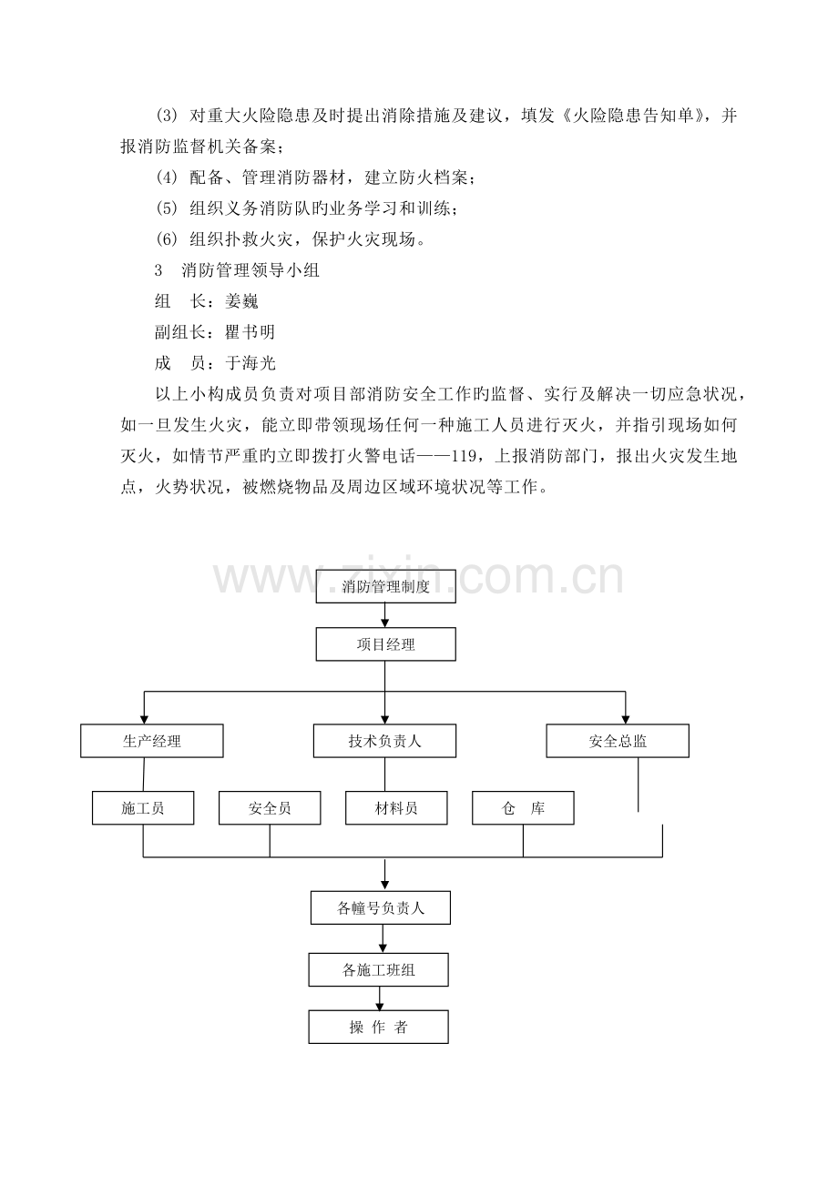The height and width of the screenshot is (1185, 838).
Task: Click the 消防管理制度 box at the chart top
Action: tap(385, 586)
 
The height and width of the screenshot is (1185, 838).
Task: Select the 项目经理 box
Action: tap(385, 644)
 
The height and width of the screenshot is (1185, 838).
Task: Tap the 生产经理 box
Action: tap(152, 741)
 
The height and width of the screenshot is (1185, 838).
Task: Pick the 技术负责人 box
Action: tap(384, 741)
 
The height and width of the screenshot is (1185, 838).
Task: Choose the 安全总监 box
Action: tap(618, 741)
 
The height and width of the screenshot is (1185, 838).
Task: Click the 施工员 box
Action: tap(143, 808)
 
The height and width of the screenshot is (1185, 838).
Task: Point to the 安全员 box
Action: tap(270, 808)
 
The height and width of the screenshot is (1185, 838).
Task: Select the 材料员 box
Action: tap(396, 808)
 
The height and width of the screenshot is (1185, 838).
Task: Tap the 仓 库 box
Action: tap(523, 808)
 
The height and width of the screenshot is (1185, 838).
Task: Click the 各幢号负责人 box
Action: tap(381, 907)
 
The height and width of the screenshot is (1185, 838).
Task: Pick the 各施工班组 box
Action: tap(379, 969)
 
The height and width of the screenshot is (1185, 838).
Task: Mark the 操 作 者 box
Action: tap(379, 1028)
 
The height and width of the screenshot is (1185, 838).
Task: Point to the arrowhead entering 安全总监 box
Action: tap(625, 718)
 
